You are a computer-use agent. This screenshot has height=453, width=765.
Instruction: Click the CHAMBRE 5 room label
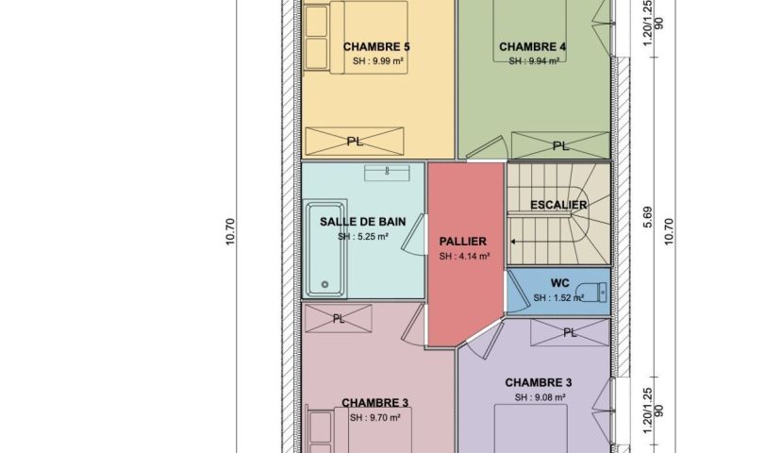click(x=376, y=47)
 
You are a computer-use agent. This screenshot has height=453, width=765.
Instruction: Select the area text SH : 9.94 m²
click(x=534, y=61)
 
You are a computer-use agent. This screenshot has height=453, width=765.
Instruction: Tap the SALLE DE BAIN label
click(x=362, y=222)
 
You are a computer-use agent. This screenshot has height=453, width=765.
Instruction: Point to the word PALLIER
click(x=462, y=242)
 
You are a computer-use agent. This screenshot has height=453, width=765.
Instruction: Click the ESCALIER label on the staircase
click(x=558, y=205)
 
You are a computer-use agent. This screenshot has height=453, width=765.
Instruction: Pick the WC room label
click(x=559, y=283)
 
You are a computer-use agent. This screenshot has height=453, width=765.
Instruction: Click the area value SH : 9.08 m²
click(x=540, y=397)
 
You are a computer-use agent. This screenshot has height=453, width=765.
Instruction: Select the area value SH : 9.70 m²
click(x=374, y=418)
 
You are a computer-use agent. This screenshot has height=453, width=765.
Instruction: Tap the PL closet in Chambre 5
click(x=355, y=142)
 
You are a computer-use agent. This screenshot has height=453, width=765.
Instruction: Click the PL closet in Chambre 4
click(x=560, y=145)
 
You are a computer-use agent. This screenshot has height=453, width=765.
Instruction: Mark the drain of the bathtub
click(x=324, y=285)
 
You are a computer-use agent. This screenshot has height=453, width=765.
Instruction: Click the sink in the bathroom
click(x=387, y=173)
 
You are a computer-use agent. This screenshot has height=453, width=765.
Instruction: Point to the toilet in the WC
click(x=591, y=293)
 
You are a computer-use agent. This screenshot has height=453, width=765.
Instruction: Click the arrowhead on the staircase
click(x=513, y=242)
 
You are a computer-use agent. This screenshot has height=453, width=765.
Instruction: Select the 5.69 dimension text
click(x=647, y=217)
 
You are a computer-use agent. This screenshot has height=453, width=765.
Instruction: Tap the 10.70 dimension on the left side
click(x=230, y=232)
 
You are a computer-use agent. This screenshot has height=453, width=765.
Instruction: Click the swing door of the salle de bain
click(x=413, y=235)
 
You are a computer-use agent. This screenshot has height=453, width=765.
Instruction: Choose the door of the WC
click(x=518, y=292)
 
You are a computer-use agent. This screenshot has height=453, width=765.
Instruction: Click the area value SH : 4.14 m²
click(x=464, y=257)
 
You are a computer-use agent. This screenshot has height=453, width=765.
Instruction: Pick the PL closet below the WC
click(x=570, y=332)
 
